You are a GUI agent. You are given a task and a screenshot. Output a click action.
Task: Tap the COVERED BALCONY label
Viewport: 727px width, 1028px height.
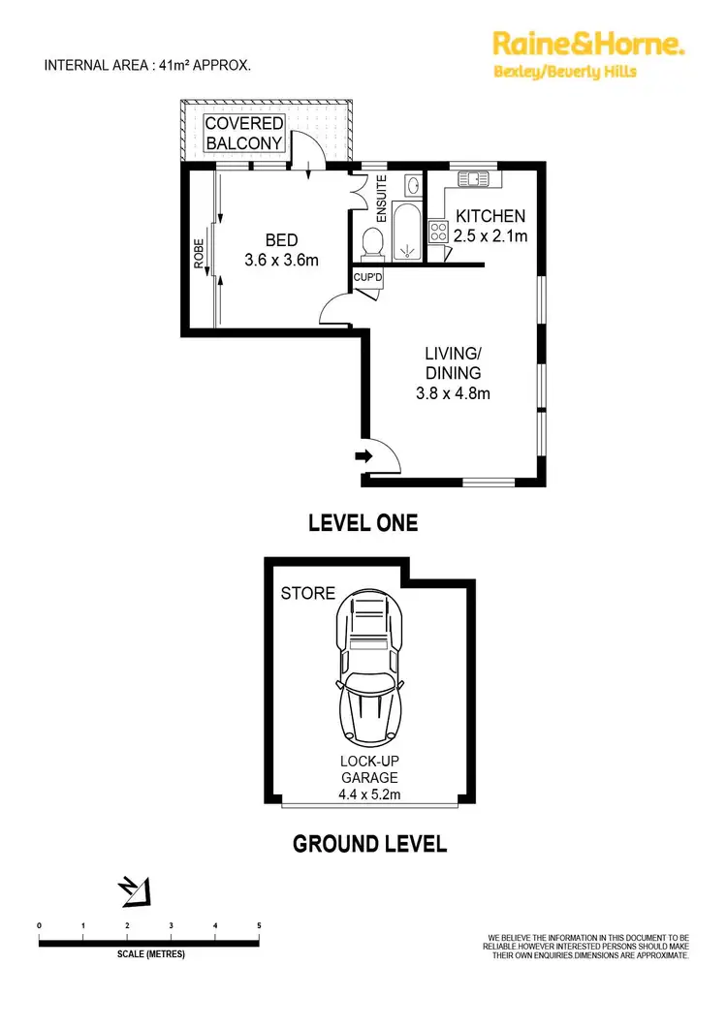pos(243,133)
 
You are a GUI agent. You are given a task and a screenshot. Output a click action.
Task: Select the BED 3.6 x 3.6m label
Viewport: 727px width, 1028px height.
pos(281,250)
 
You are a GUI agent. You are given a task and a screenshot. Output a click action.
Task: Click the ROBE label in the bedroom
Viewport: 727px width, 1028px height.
pos(199,254)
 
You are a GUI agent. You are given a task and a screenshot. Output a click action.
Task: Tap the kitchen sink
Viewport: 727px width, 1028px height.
pos(475,178)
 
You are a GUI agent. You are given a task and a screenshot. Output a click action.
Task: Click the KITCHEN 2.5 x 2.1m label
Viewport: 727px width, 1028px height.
pos(490,225)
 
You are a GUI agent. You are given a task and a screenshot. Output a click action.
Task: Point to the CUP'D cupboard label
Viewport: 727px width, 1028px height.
pos(366,278)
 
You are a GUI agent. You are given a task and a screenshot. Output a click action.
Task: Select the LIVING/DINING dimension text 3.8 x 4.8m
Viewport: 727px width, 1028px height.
pos(453,393)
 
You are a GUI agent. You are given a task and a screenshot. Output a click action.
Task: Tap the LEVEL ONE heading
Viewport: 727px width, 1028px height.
pos(363,523)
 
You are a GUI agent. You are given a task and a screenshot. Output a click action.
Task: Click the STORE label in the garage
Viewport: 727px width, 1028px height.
pos(307,593)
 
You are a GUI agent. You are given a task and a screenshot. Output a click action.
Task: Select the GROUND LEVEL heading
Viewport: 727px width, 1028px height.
pos(369,844)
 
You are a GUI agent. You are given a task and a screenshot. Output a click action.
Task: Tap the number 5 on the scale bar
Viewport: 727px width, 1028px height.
pos(259,926)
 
